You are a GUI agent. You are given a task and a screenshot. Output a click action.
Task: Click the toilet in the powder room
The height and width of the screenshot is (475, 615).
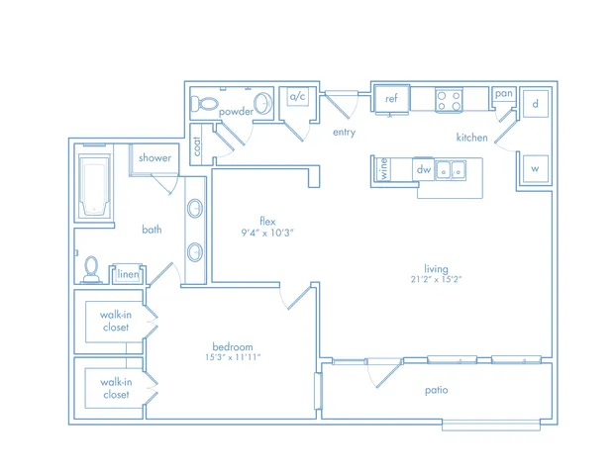[204, 104]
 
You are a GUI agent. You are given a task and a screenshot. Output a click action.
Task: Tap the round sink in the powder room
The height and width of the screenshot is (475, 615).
[262, 104]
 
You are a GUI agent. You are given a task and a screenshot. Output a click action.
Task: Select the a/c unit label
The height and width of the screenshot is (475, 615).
[297, 96]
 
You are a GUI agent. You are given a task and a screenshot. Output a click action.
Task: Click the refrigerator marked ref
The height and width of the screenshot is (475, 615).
[391, 99]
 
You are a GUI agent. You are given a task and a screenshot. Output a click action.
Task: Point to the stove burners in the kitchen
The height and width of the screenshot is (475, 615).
[449, 100]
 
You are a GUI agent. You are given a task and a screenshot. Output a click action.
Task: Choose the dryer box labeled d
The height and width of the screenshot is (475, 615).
[536, 104]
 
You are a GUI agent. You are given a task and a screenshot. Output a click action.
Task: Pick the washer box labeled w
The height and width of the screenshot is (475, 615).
[535, 169]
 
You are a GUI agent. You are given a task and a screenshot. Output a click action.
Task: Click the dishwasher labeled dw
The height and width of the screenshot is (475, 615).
[424, 169]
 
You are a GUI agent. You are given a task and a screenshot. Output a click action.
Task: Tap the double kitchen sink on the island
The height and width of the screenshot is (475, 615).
[451, 170]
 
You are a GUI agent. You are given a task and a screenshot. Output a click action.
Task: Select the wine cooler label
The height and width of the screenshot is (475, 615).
[384, 169]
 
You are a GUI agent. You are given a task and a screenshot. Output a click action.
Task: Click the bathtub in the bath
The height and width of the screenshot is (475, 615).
[94, 186]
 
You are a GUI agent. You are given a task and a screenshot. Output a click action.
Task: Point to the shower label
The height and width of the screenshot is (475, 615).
[154, 158]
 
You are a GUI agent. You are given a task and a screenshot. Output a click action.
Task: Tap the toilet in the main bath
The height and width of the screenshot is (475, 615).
[91, 269]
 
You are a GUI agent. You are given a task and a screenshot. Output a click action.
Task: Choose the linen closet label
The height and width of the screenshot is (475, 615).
[128, 274]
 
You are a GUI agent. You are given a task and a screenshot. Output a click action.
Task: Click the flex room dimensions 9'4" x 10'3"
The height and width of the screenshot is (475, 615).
[267, 233]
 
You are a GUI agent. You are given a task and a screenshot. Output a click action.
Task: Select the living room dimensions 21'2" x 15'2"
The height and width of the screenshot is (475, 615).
[436, 279]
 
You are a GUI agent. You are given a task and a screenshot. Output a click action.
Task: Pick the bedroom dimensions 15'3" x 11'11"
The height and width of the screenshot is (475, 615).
[233, 357]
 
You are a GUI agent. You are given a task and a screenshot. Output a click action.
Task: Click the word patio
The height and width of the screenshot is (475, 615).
[436, 390]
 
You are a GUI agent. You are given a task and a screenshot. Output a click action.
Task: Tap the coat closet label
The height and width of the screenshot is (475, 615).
[197, 145]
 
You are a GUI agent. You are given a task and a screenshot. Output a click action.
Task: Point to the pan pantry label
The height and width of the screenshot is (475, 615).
[504, 94]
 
